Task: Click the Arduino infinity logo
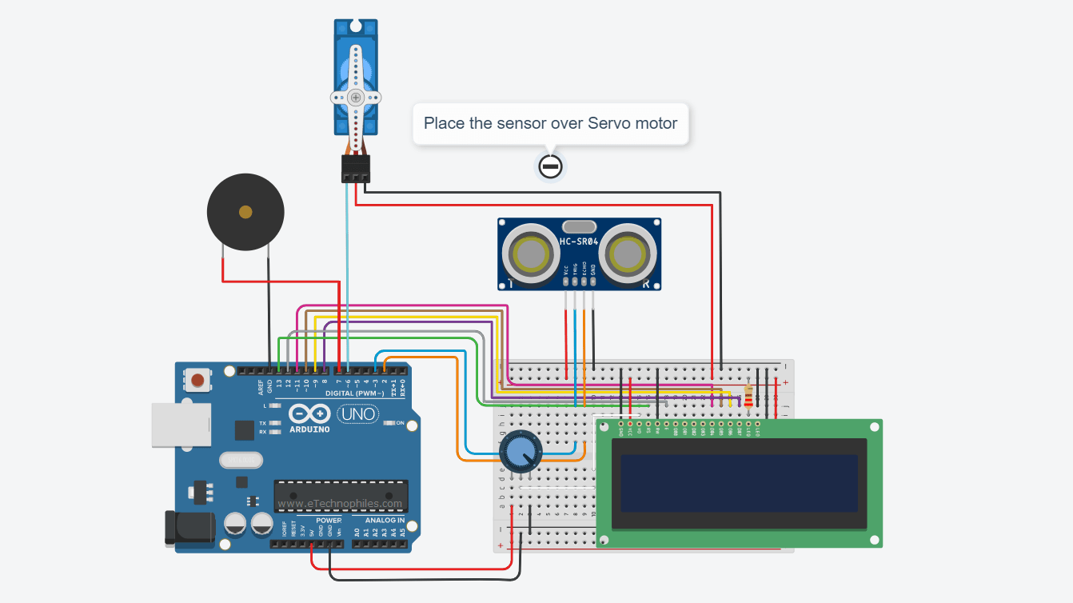point(309,414)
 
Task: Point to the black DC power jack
point(189,528)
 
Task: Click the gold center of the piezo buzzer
point(245,212)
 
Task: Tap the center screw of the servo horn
point(355,97)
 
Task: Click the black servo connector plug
point(355,168)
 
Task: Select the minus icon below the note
point(550,166)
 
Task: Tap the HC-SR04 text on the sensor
point(580,241)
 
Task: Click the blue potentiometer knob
point(520,452)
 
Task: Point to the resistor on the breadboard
point(748,396)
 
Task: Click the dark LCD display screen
point(739,483)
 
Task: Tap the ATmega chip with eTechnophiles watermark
point(341,497)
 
